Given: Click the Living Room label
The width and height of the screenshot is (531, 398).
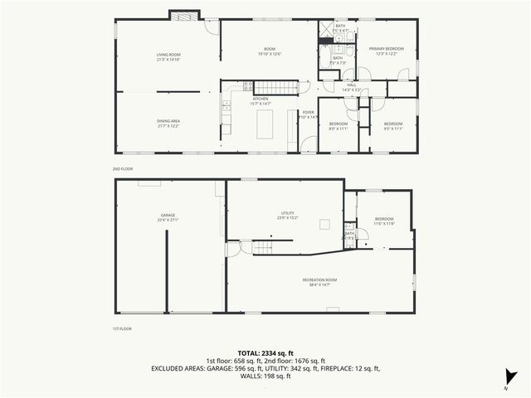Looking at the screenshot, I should pos(168,57).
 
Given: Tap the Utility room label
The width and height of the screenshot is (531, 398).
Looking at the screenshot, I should pos(286,215).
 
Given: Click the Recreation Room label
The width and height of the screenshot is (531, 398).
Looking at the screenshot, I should pos(319,282).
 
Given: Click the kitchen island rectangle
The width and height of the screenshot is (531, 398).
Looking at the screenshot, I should pos(265,124).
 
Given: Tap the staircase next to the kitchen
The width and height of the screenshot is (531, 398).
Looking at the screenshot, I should pos(275,87).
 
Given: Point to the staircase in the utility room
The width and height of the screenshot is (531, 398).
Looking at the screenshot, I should pos(263,247).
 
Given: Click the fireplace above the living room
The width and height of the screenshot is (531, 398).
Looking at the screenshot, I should pos(185,15).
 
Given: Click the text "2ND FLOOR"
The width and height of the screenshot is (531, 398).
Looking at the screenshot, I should pos(123,168).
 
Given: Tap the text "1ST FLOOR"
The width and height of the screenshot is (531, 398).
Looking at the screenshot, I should pos(122,328).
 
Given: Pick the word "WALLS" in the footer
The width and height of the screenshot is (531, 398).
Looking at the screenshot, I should pos(250,376).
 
